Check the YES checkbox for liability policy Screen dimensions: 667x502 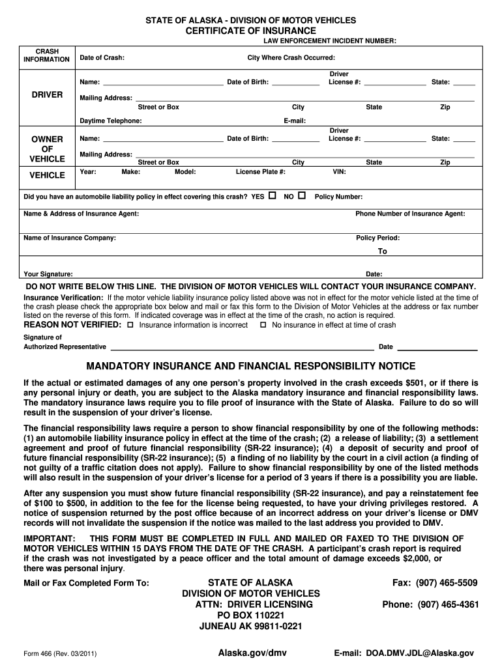[273, 195]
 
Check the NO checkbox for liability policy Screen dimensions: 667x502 [301, 195]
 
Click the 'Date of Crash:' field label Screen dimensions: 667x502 [102, 58]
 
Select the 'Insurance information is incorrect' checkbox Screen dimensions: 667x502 [130, 324]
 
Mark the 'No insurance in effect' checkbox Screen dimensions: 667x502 [263, 324]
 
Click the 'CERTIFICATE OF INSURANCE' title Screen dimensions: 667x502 [251, 31]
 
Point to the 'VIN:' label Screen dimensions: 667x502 [339, 172]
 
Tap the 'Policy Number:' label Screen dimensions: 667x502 [338, 197]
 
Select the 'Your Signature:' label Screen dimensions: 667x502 [48, 274]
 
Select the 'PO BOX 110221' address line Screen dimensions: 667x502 [251, 616]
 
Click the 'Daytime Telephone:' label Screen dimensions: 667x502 [110, 121]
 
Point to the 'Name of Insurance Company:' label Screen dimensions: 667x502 [70, 238]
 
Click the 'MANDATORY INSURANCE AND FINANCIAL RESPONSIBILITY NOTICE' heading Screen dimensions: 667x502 [251, 366]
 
